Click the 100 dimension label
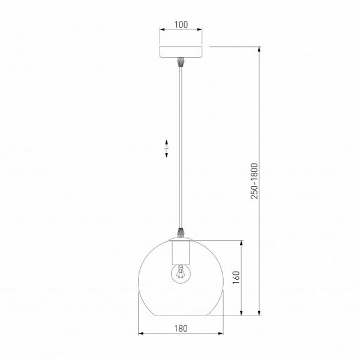181,25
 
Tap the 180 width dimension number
181,329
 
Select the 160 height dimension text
236,277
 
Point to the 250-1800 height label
254,181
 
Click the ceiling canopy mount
181,52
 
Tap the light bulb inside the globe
181,273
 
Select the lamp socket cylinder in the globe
181,253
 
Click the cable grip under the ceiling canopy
181,62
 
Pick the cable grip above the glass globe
181,232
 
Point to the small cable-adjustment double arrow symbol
166,149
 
